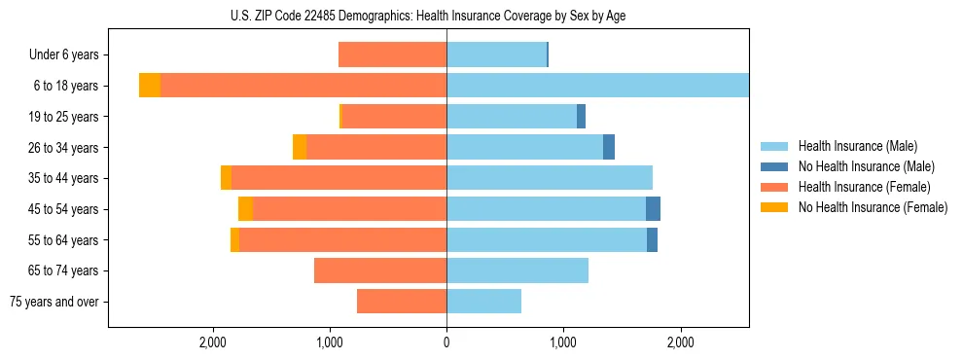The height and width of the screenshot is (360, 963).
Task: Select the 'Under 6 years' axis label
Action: coord(69,55)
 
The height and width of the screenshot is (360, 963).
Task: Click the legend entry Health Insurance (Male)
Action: coord(857,146)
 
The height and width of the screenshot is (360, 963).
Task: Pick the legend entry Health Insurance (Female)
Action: coord(864,187)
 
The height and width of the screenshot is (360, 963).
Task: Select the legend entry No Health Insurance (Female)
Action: coord(873,207)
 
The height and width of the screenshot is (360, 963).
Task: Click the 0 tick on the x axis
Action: coord(446,342)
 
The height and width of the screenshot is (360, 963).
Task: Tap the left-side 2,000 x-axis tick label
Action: coord(212,342)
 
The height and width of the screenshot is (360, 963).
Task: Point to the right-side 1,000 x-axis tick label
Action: coord(563,342)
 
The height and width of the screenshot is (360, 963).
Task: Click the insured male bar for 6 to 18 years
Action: coord(597,86)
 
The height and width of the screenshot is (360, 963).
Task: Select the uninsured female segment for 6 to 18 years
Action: coord(150,86)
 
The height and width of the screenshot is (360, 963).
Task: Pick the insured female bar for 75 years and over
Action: coord(402,302)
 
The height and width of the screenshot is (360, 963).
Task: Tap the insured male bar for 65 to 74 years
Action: coord(517,270)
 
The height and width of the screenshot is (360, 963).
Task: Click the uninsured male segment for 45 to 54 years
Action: coord(653,209)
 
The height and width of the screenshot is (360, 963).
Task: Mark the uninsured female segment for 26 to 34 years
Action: coord(300,147)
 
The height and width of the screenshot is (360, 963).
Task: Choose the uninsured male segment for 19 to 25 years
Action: coord(581,117)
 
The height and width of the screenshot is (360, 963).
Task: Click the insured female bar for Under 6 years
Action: coord(392,55)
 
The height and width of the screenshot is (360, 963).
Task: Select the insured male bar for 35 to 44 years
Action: coord(550,178)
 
